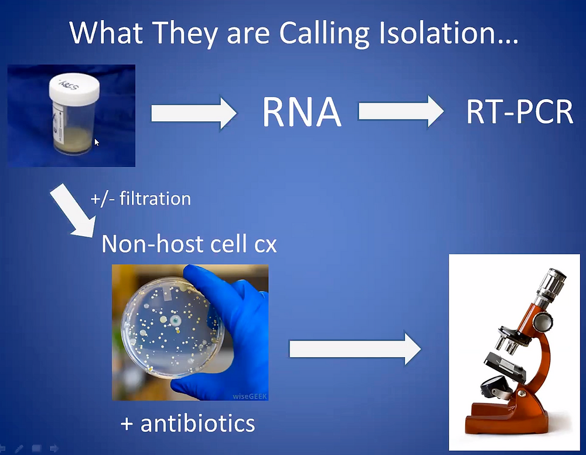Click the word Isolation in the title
448,33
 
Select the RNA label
302,112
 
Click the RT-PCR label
519,111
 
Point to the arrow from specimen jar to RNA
194,113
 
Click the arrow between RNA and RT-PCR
401,111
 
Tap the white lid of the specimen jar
74,89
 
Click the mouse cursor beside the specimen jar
97,142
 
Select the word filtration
155,198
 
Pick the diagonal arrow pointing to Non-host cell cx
73,210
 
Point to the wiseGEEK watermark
250,396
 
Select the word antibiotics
197,423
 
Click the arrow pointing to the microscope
355,349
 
